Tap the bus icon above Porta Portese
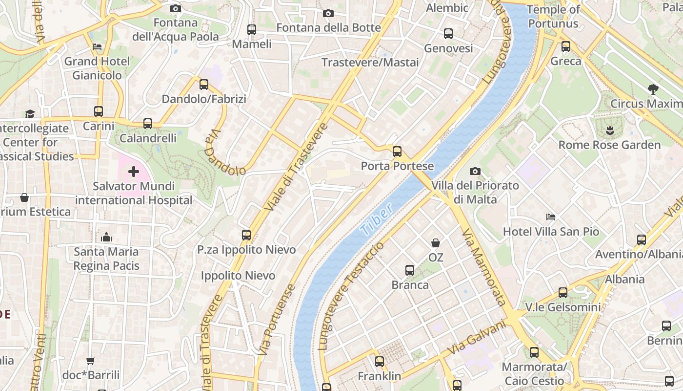(397, 151)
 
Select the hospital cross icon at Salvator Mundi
(133, 172)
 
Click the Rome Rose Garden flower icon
(609, 130)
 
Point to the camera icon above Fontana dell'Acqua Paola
(176, 8)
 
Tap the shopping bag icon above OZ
(436, 242)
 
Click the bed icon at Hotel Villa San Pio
(551, 217)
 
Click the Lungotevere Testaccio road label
(351, 296)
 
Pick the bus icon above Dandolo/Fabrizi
(204, 85)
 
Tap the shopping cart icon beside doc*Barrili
(91, 361)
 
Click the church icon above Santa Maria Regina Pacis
(106, 237)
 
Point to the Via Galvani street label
(476, 338)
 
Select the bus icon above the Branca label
(410, 270)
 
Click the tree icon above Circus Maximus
(653, 89)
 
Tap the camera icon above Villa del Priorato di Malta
(475, 171)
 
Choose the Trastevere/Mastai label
(370, 63)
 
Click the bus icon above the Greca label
(566, 46)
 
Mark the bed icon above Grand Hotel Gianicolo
(97, 47)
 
